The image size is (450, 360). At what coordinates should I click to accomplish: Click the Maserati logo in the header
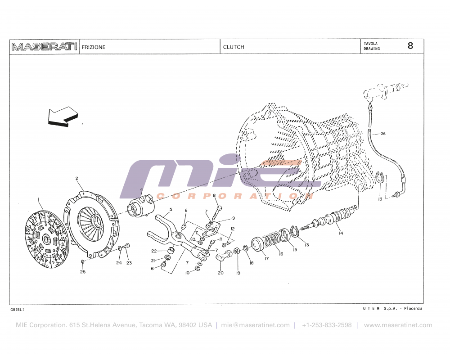pyautogui.click(x=44, y=47)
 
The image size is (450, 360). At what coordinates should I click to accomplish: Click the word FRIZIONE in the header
pyautogui.click(x=94, y=47)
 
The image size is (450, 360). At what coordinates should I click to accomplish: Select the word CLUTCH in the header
pyautogui.click(x=234, y=47)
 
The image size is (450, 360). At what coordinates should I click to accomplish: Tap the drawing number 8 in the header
pyautogui.click(x=410, y=46)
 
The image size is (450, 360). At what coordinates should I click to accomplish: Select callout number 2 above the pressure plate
pyautogui.click(x=76, y=179)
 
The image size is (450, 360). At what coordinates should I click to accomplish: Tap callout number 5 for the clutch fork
pyautogui.click(x=171, y=210)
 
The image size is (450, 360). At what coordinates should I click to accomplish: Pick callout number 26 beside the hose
pyautogui.click(x=383, y=134)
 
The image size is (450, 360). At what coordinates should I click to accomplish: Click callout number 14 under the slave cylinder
pyautogui.click(x=341, y=233)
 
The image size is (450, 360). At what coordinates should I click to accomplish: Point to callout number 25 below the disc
pyautogui.click(x=83, y=272)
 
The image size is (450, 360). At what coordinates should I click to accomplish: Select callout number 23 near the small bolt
pyautogui.click(x=129, y=263)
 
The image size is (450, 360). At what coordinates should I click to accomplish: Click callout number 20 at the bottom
pyautogui.click(x=220, y=273)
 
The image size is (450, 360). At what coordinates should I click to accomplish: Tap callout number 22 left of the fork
pyautogui.click(x=154, y=251)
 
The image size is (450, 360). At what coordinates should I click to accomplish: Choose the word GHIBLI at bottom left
pyautogui.click(x=17, y=310)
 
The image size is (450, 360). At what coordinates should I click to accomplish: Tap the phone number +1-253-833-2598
pyautogui.click(x=327, y=325)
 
